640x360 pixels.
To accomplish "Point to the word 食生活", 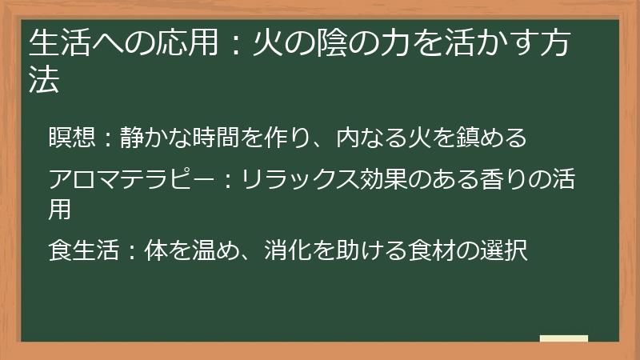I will pyautogui.click(x=82, y=251).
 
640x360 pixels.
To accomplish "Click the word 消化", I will pyautogui.click(x=275, y=251).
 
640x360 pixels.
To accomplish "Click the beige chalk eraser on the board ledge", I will pyautogui.click(x=563, y=338).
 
